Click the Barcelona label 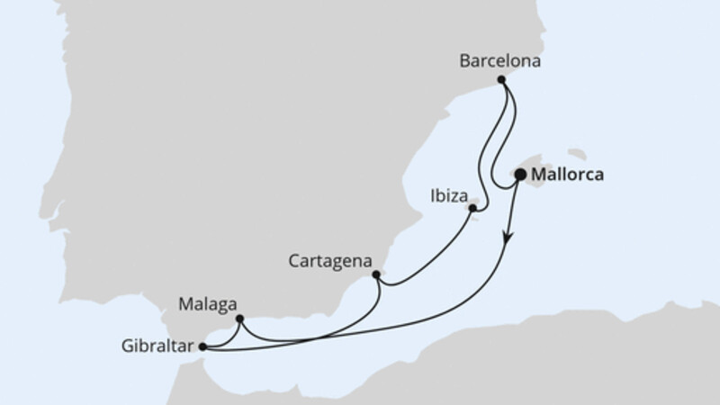pos(499,62)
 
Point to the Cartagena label pos(330,261)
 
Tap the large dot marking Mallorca pos(519,176)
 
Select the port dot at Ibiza pos(472,208)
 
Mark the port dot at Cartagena pos(375,273)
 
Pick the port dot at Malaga pos(239,318)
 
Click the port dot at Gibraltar pos(202,345)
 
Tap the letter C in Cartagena pos(294,261)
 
